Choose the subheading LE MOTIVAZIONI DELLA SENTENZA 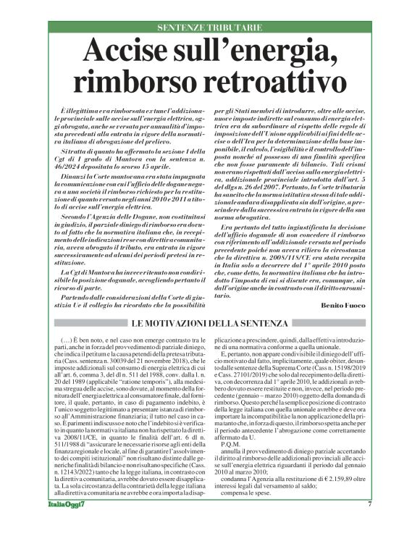pyautogui.click(x=210, y=322)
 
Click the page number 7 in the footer pyautogui.click(x=369, y=524)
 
